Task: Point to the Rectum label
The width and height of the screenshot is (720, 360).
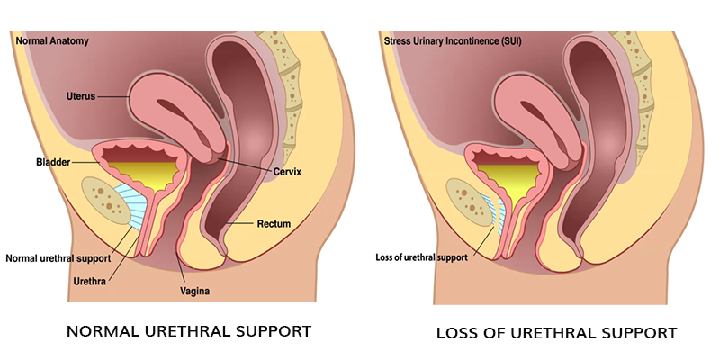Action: coord(273,223)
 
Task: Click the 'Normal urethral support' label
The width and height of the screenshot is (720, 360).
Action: coord(58,257)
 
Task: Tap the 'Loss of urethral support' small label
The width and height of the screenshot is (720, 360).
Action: coord(421,257)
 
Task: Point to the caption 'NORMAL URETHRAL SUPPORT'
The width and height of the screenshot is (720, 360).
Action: coord(189,331)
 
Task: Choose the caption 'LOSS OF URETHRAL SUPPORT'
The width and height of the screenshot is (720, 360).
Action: coord(556,333)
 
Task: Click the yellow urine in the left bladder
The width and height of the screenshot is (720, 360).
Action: coord(145,176)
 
